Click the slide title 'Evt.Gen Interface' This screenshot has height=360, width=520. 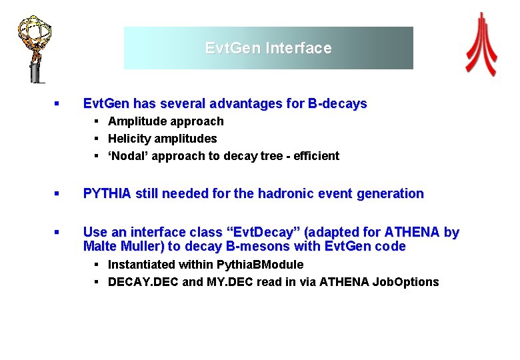pyautogui.click(x=268, y=48)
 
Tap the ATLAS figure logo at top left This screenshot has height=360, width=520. pyautogui.click(x=34, y=47)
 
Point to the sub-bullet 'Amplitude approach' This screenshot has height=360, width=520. pyautogui.click(x=166, y=121)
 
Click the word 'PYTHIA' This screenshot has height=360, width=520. pyautogui.click(x=106, y=194)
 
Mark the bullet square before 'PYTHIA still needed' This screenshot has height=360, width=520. pyautogui.click(x=57, y=194)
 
